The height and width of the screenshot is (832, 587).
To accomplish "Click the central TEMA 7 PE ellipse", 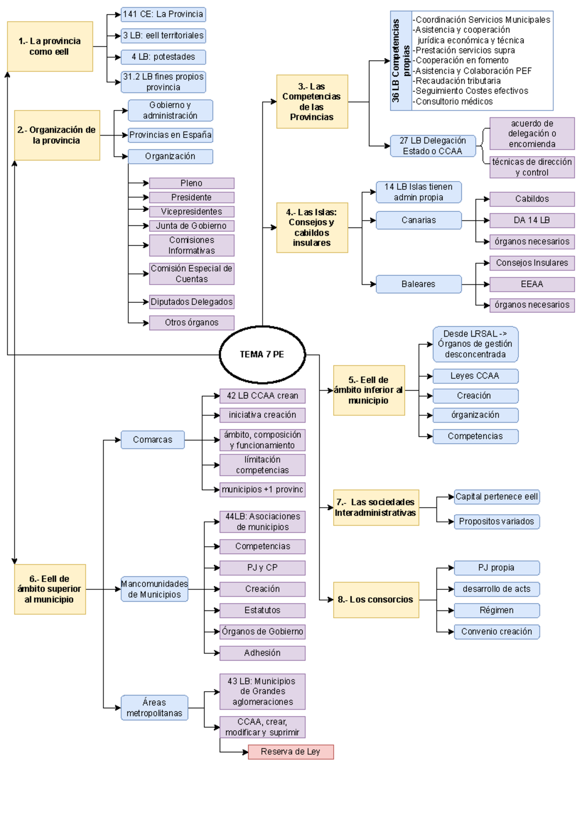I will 262,355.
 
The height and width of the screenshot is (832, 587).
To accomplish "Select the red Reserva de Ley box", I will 291,752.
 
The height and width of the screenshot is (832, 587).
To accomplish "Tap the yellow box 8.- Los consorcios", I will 376,600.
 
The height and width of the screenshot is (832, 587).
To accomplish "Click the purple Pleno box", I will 191,183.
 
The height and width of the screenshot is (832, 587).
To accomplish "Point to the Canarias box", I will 418,220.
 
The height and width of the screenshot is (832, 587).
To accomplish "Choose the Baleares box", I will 418,284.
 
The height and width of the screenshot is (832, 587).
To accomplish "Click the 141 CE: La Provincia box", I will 163,14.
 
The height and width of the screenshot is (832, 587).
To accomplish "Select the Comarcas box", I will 153,440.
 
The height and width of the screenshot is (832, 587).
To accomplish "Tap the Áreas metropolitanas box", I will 154,708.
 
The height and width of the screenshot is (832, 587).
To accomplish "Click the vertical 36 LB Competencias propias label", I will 401,61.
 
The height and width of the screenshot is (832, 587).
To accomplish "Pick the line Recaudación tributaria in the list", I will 458,81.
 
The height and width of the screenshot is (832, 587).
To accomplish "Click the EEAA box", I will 532,284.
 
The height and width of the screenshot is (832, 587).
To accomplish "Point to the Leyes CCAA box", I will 475,376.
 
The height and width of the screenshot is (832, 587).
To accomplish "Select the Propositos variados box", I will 497,521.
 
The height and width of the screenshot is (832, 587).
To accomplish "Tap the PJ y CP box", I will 262,568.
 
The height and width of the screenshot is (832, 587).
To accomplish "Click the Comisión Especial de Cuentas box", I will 191,274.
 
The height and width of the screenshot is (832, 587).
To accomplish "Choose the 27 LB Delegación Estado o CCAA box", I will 432,146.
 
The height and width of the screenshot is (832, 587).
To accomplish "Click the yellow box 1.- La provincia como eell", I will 49,46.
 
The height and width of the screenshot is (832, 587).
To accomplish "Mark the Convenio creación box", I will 497,632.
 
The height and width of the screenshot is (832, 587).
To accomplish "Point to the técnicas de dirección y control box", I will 532,167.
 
